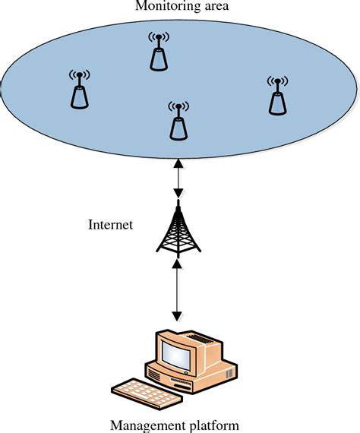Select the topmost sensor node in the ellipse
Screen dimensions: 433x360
click(x=159, y=55)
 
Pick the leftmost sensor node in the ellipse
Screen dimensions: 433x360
click(x=78, y=93)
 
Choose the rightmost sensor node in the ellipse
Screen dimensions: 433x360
click(x=278, y=99)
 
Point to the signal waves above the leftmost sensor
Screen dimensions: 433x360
click(x=78, y=76)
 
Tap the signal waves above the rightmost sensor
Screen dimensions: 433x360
click(x=278, y=81)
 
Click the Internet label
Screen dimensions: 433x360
click(x=111, y=225)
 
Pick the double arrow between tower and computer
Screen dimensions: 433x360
click(x=178, y=289)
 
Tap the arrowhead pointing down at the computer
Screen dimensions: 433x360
click(x=178, y=312)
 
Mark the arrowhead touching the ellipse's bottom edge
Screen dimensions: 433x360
click(x=178, y=162)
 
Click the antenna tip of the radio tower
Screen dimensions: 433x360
click(x=178, y=199)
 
